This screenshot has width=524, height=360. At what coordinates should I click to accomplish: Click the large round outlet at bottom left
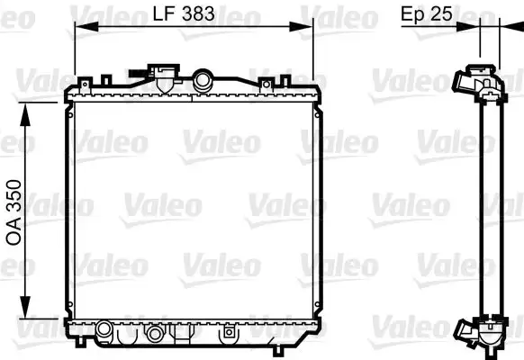[104, 328]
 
